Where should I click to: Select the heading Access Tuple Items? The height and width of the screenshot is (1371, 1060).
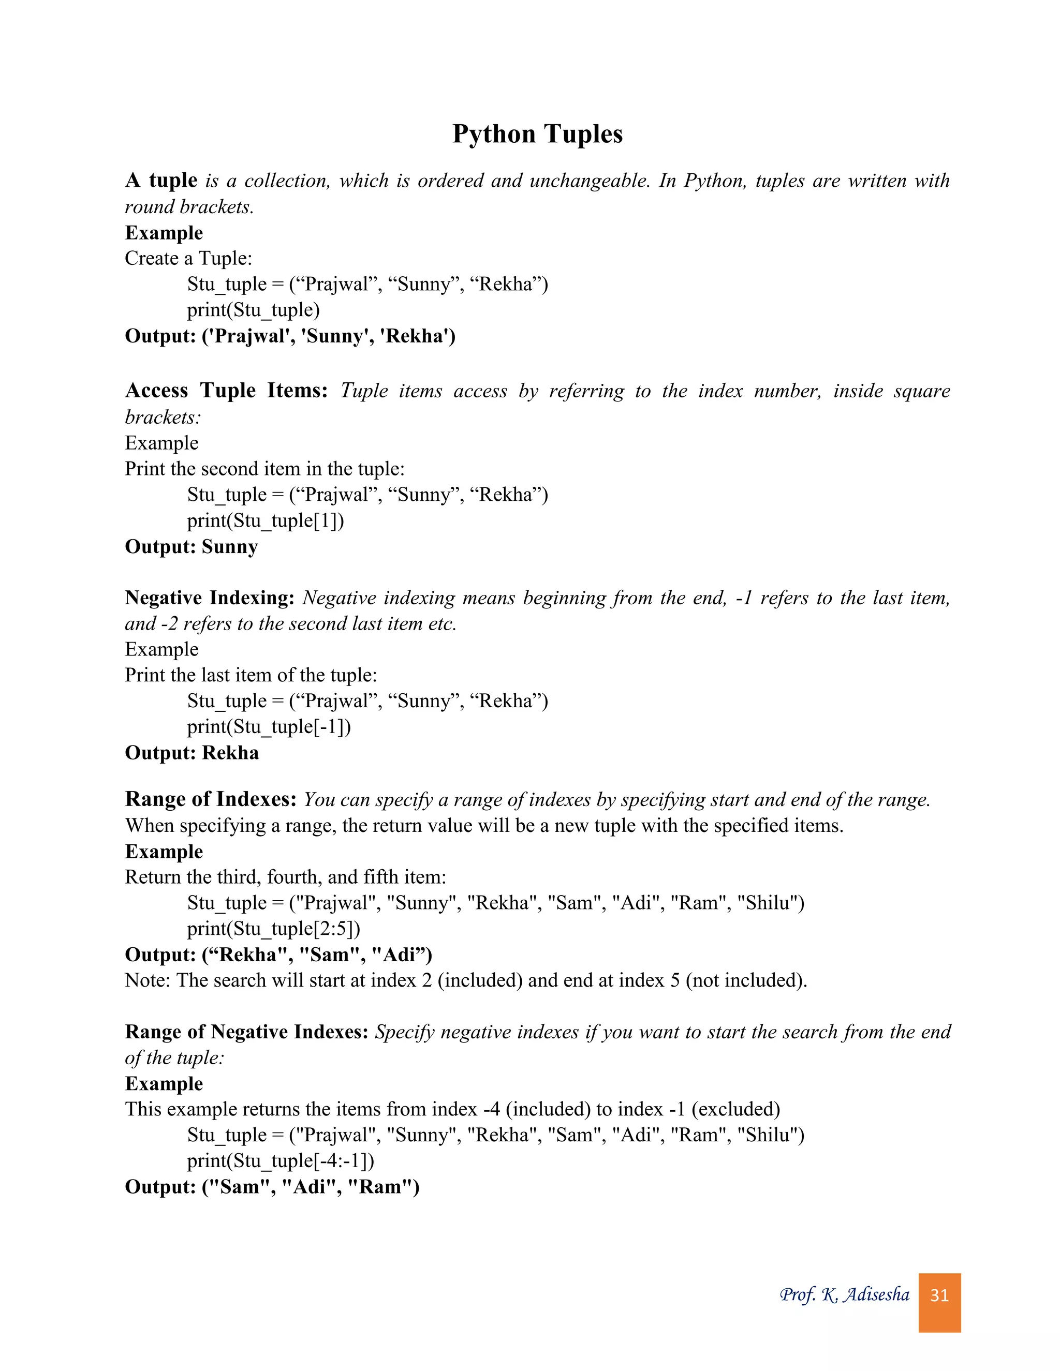226,391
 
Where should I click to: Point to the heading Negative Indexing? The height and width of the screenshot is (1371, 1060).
209,598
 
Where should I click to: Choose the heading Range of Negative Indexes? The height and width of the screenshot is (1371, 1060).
246,1032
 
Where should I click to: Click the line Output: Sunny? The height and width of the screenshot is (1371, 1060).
191,547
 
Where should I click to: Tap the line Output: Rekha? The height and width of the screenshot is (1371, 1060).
192,753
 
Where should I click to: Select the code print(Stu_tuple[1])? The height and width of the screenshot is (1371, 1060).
266,520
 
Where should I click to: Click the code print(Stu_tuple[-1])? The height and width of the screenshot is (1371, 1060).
269,726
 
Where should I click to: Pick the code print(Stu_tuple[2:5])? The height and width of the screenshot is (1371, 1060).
274,929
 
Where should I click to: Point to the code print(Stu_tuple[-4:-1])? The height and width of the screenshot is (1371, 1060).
281,1161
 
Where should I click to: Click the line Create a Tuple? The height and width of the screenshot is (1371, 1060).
188,258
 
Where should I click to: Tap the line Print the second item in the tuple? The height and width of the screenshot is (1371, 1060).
264,468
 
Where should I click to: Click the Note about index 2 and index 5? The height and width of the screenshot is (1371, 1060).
465,980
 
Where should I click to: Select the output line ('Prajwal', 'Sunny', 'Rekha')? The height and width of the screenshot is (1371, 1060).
290,336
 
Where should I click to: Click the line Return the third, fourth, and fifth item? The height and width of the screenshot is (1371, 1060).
285,877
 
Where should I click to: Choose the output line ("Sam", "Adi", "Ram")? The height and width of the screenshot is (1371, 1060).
272,1187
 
